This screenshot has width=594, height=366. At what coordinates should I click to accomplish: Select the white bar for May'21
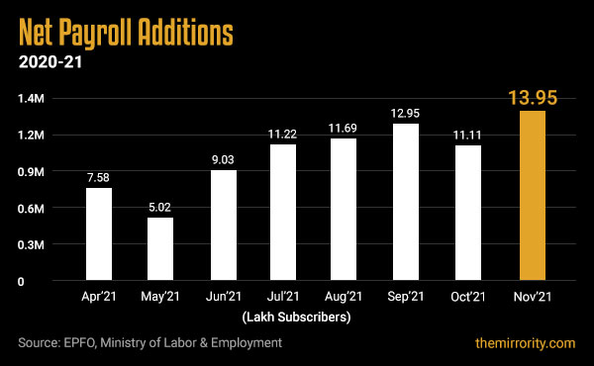(160, 249)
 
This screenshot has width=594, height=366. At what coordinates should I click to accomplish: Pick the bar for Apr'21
(98, 234)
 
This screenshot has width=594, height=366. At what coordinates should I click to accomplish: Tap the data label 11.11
(468, 135)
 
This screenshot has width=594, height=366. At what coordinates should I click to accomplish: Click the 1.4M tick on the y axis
(31, 99)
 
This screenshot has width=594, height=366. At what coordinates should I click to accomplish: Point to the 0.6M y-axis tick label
(31, 208)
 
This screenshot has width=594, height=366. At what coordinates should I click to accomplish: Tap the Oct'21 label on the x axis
(468, 297)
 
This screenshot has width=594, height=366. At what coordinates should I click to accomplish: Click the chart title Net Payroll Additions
(126, 33)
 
